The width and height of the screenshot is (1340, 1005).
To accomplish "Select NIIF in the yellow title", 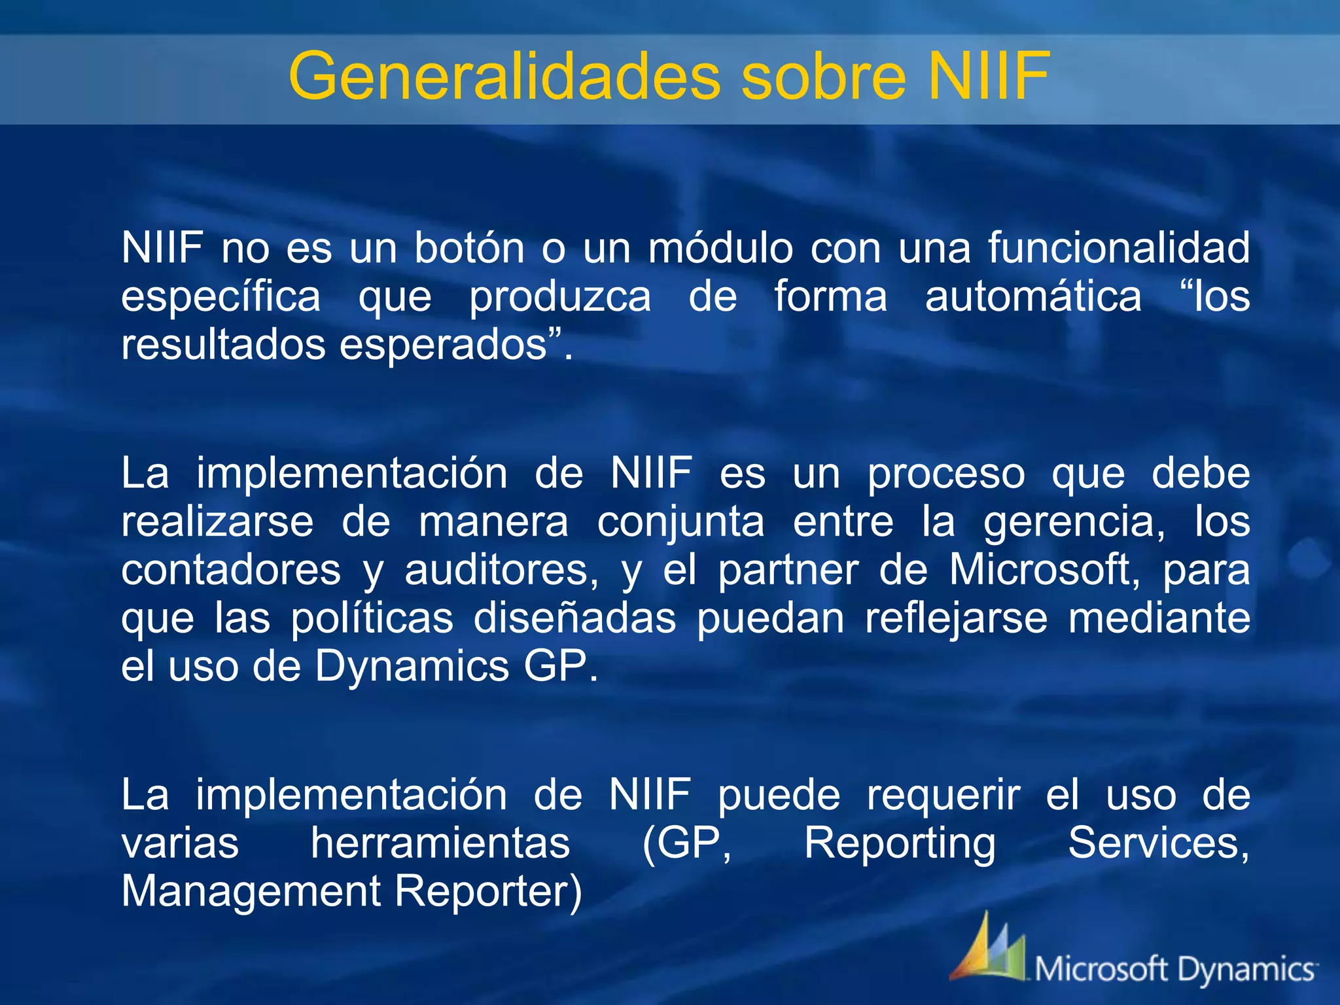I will click(x=989, y=77).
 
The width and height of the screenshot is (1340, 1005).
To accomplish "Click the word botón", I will click(x=469, y=248).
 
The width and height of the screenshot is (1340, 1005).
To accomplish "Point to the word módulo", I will click(x=720, y=248).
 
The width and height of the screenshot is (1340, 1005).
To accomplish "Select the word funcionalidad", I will click(x=1118, y=248).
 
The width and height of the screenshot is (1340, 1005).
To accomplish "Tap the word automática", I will click(x=1033, y=296).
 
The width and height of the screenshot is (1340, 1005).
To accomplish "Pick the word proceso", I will click(x=946, y=474).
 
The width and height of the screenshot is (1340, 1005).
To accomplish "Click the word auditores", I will click(x=501, y=570).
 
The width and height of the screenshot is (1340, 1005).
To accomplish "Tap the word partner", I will click(x=788, y=570).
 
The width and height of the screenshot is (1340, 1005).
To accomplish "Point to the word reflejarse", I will click(x=956, y=618).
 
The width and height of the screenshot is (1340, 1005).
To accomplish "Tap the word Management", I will click(x=251, y=891).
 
